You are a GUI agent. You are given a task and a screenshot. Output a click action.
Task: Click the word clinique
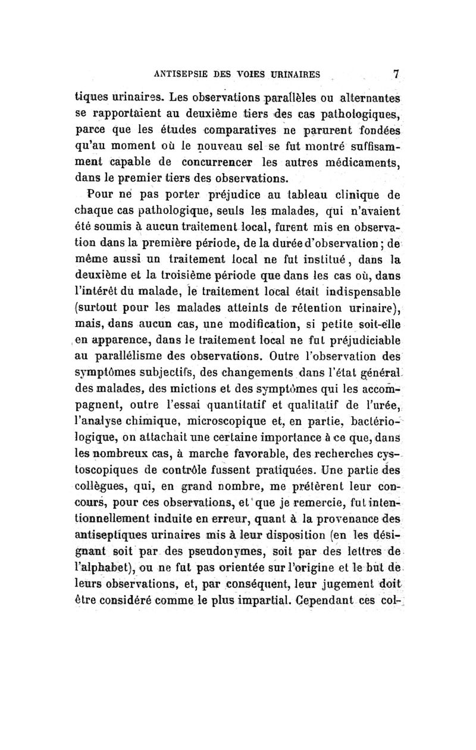pos(361,194)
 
